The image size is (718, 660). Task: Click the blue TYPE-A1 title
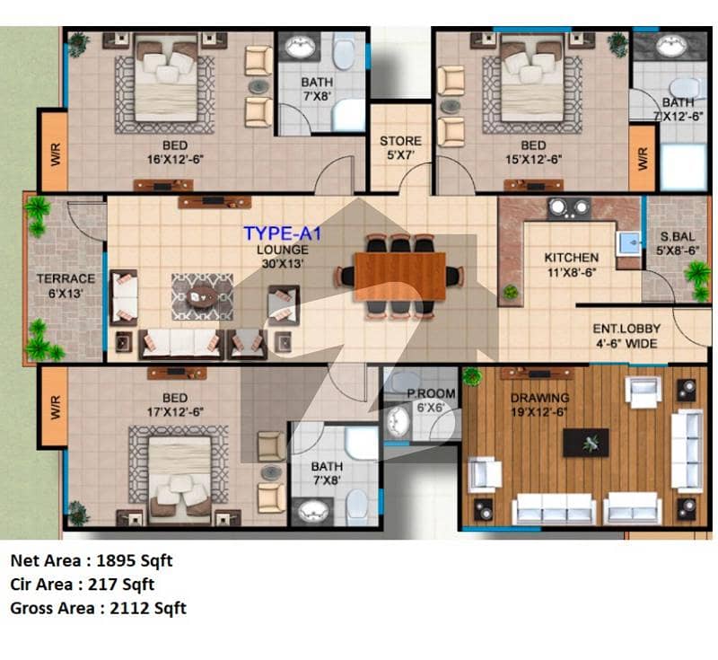283,233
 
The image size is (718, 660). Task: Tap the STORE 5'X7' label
400,147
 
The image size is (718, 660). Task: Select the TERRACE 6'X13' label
66,286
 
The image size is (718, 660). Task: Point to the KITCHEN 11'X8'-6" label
572,265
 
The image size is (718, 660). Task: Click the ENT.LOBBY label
626,329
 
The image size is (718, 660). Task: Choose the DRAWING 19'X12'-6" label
539,405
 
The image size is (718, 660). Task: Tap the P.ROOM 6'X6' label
431,400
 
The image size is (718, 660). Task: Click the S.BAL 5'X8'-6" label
678,243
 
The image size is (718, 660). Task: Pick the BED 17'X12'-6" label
175,405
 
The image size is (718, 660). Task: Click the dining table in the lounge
400,277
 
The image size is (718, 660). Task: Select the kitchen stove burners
569,208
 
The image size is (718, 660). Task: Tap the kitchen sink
630,242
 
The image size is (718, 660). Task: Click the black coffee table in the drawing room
586,443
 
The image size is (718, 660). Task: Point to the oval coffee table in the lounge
202,297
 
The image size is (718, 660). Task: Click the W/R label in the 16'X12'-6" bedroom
55,154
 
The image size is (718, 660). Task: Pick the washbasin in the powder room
398,421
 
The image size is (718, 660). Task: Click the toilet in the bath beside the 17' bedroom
356,506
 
